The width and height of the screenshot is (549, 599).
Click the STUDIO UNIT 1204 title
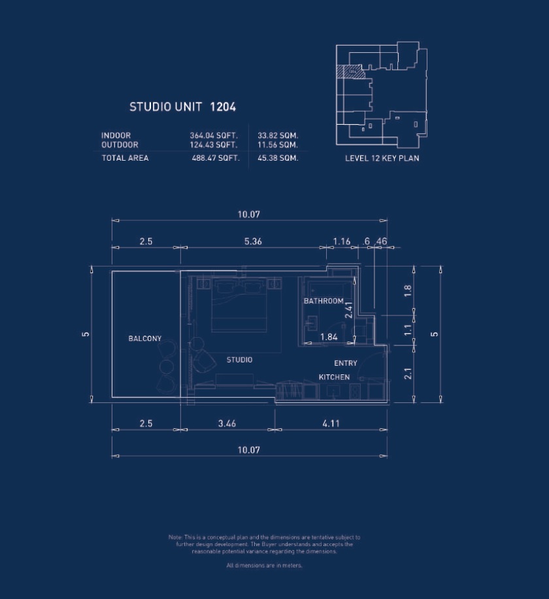pos(182,106)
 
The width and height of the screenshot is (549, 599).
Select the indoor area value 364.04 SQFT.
pos(213,136)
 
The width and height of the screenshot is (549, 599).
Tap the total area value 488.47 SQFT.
pos(216,158)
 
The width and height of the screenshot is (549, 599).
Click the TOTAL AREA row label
pos(125,158)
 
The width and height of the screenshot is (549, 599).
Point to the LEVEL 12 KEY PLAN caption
pos(382,158)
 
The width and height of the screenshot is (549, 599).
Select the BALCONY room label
pos(144,338)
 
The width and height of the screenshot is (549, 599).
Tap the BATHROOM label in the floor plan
pos(323,301)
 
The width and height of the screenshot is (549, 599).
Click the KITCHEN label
pos(334,377)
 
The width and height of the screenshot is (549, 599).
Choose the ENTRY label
pos(345,363)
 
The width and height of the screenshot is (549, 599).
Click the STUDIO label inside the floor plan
pos(239,360)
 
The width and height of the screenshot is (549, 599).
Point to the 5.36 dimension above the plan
pos(253,241)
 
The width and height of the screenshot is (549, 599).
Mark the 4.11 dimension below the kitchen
pos(331,423)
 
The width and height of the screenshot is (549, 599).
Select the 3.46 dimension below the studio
pos(227,423)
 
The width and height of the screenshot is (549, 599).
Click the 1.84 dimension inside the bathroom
pos(328,337)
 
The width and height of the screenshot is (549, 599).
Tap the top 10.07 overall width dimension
pos(249,214)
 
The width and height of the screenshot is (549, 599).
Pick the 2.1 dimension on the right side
pos(407,374)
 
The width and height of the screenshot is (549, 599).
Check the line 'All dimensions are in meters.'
pos(264,565)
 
